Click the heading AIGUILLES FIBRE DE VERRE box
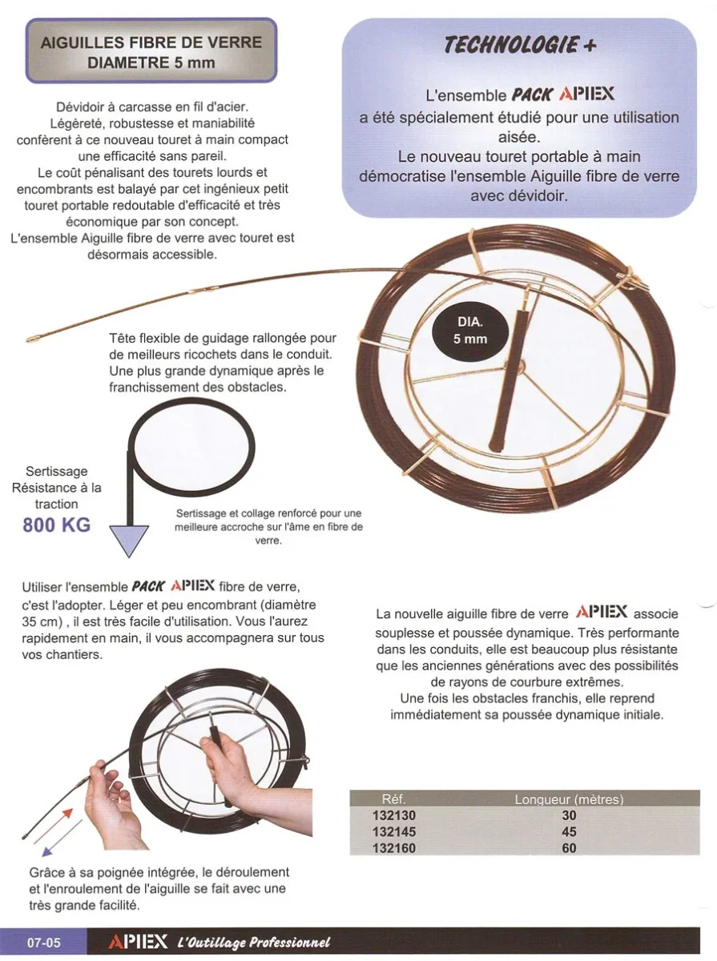tap(151, 51)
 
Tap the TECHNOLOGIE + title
tap(521, 45)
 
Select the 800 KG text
tap(56, 525)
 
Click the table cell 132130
tap(394, 815)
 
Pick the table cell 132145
tap(394, 832)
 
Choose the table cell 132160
tap(394, 848)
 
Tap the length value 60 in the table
tap(569, 848)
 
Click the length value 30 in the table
tap(569, 815)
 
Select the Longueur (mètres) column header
tap(569, 799)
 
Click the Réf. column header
tap(394, 799)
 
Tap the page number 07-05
tap(44, 943)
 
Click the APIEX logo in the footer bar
tap(138, 942)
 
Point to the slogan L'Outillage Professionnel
tap(253, 943)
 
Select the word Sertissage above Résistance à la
tap(56, 471)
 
